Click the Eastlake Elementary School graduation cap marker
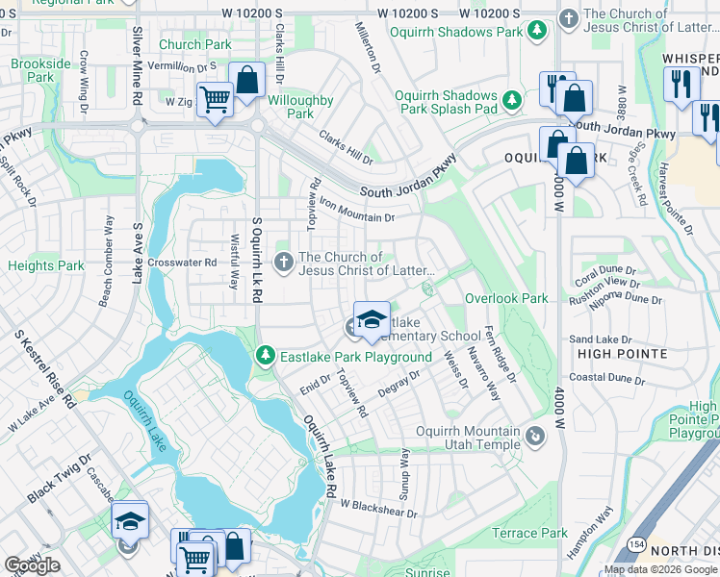click(x=372, y=320)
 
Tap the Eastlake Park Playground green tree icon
click(x=267, y=357)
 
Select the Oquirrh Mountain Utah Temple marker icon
click(x=536, y=439)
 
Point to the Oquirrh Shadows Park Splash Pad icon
click(x=513, y=98)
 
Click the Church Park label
click(x=194, y=44)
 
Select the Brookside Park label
click(x=40, y=70)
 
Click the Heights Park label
click(x=45, y=265)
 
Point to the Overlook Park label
click(x=506, y=299)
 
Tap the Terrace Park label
click(x=529, y=533)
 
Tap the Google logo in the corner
click(x=32, y=565)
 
